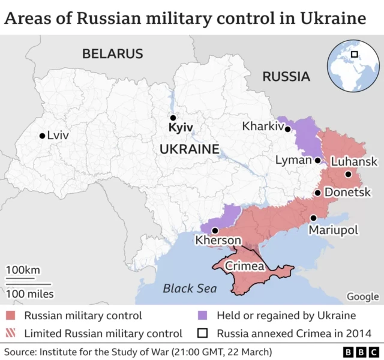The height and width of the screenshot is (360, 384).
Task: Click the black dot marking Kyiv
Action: pyautogui.click(x=173, y=118)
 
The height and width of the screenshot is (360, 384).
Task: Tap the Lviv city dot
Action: pyautogui.click(x=42, y=136)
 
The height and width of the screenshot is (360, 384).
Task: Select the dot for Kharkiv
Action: pyautogui.click(x=288, y=129)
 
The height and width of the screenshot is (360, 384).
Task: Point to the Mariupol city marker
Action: pyautogui.click(x=313, y=218)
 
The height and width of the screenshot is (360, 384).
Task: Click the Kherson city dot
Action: pyautogui.click(x=214, y=230)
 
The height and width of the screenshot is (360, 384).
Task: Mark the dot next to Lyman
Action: pyautogui.click(x=317, y=161)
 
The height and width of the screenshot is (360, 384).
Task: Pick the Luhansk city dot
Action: pyautogui.click(x=348, y=175)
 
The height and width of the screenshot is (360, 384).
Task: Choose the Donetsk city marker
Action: pyautogui.click(x=317, y=193)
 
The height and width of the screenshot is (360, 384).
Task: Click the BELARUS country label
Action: pyautogui.click(x=113, y=54)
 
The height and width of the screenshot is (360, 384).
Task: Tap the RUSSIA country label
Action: pyautogui.click(x=286, y=77)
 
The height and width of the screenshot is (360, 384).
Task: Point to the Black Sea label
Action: pyautogui.click(x=190, y=289)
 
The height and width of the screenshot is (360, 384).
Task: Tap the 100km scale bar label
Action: pyautogui.click(x=23, y=270)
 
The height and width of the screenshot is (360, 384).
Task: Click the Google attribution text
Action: pyautogui.click(x=362, y=296)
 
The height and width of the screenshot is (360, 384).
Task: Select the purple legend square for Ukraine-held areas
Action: pyautogui.click(x=203, y=316)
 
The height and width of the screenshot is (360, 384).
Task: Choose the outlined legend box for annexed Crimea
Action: pyautogui.click(x=203, y=333)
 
